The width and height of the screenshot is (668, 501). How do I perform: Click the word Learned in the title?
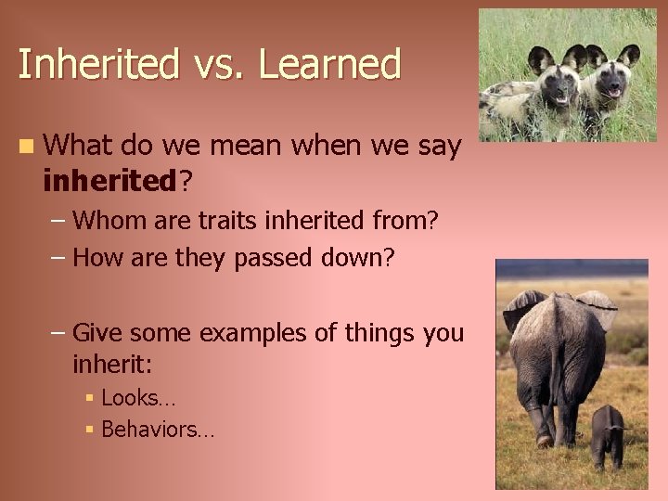coord(330,65)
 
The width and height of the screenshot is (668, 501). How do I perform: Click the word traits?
coord(222,221)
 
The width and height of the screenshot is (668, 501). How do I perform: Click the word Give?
coord(98,332)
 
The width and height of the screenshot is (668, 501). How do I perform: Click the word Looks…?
coord(138,399)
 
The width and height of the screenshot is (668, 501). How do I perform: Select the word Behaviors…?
coord(157,430)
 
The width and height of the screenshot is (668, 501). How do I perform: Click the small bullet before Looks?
coord(90,399)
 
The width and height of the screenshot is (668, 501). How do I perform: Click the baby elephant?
coord(607,434)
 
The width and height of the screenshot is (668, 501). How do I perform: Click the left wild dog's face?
coord(558,83)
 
